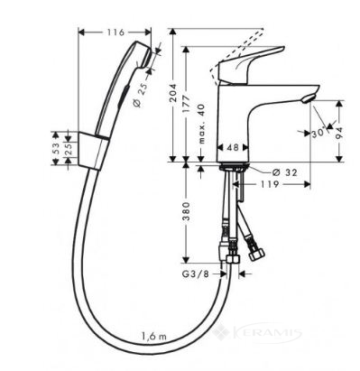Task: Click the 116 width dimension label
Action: [115, 32]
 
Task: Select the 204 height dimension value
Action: [173, 93]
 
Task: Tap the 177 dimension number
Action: [186, 104]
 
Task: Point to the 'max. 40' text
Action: [201, 124]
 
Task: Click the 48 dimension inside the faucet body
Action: [233, 147]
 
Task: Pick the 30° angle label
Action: [318, 133]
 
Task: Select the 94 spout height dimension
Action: [339, 133]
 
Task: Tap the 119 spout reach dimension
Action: [269, 184]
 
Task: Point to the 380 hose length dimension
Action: [187, 211]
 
